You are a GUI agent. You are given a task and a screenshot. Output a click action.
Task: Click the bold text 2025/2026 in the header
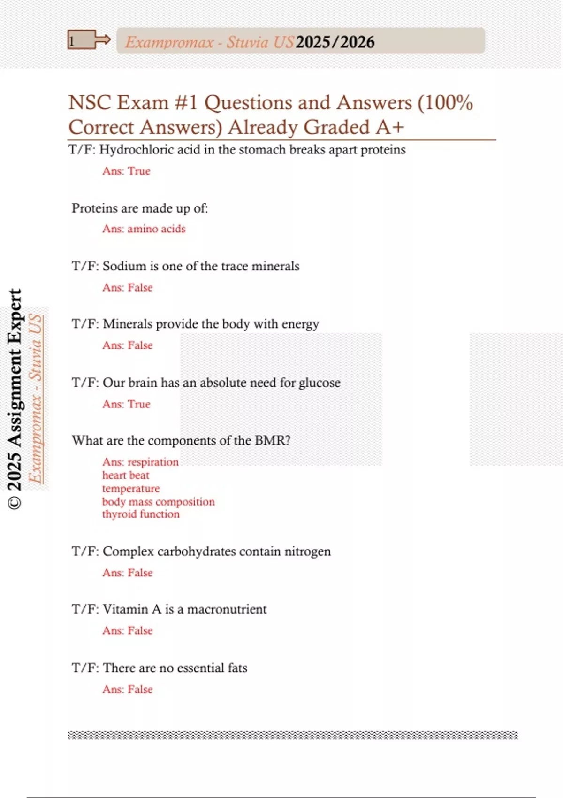pyautogui.click(x=335, y=42)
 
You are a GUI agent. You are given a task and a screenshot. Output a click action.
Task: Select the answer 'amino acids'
pyautogui.click(x=156, y=229)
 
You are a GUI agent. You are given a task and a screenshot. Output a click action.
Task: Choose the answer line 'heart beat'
pyautogui.click(x=126, y=476)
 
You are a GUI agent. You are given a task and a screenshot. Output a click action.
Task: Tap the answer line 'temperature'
pyautogui.click(x=131, y=489)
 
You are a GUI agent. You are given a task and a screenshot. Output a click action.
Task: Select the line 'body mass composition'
pyautogui.click(x=159, y=502)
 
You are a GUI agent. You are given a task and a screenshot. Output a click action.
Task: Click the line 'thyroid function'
pyautogui.click(x=141, y=514)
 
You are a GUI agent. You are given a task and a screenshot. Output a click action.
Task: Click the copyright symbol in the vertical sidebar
pyautogui.click(x=15, y=503)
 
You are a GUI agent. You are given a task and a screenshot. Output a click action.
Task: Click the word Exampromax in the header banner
pyautogui.click(x=169, y=42)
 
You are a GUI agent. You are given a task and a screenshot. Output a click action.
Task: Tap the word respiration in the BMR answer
pyautogui.click(x=153, y=462)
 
